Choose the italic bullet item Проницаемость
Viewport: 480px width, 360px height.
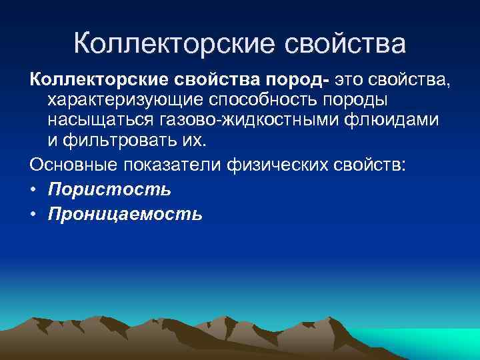125,215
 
